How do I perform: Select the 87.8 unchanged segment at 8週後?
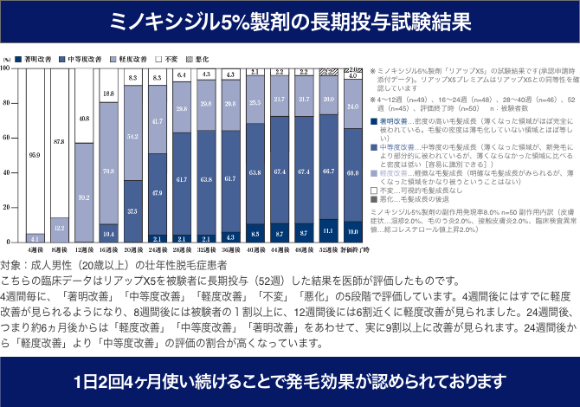pyautogui.click(x=59, y=141)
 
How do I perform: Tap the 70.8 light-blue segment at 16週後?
pyautogui.click(x=108, y=171)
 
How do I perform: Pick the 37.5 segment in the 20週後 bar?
pyautogui.click(x=132, y=210)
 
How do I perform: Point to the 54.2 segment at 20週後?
pyautogui.click(x=132, y=137)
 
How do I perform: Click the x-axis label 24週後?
pyautogui.click(x=157, y=248)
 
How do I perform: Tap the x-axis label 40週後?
pyautogui.click(x=255, y=248)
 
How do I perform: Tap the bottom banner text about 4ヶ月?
pyautogui.click(x=290, y=380)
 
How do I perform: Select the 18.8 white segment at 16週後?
pyautogui.click(x=108, y=94)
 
